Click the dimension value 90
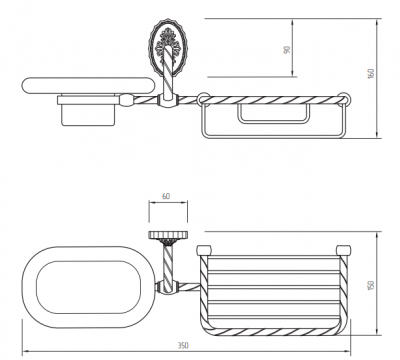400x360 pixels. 287,50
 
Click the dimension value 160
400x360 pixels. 371,73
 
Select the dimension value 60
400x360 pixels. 166,196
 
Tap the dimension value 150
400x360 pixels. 371,285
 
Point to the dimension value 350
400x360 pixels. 183,345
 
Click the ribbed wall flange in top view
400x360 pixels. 168,235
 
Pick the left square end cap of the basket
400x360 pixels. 204,250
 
